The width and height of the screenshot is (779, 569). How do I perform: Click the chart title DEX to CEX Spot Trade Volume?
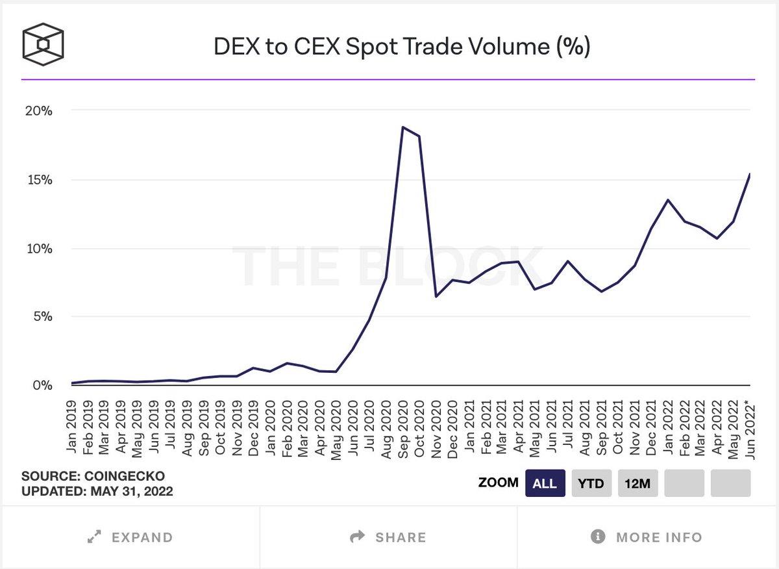(x=402, y=47)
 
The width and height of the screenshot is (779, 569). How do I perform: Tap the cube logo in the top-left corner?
(x=43, y=44)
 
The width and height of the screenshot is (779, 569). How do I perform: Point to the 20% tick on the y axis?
(x=38, y=110)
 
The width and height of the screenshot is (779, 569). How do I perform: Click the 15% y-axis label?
(x=38, y=179)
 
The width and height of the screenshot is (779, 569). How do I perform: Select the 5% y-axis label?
(x=41, y=317)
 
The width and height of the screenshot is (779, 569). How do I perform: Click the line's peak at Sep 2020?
(x=402, y=127)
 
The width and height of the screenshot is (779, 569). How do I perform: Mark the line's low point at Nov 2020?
(x=436, y=296)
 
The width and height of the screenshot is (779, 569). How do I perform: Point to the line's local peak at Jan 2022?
(x=668, y=200)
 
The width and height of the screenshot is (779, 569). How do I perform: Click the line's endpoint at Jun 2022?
(x=750, y=174)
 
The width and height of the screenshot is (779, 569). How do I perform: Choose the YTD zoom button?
(x=591, y=483)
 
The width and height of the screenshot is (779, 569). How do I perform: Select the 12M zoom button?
(x=637, y=483)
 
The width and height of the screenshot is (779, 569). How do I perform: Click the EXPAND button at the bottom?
(x=130, y=537)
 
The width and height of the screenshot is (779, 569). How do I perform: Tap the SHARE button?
(x=388, y=537)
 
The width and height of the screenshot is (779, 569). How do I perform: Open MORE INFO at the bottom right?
(x=647, y=537)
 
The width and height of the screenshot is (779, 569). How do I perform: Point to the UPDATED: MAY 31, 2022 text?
(x=97, y=491)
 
